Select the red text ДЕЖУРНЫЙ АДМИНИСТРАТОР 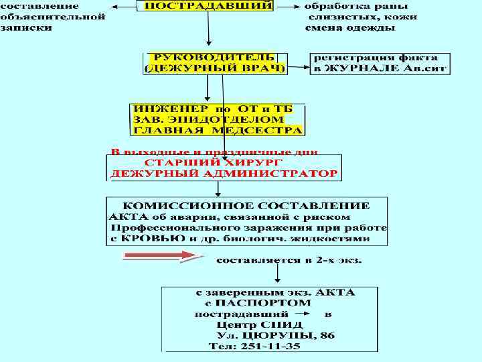tap(224, 174)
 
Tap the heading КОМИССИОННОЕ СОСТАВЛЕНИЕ tap(245, 205)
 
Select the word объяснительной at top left tap(52, 17)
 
